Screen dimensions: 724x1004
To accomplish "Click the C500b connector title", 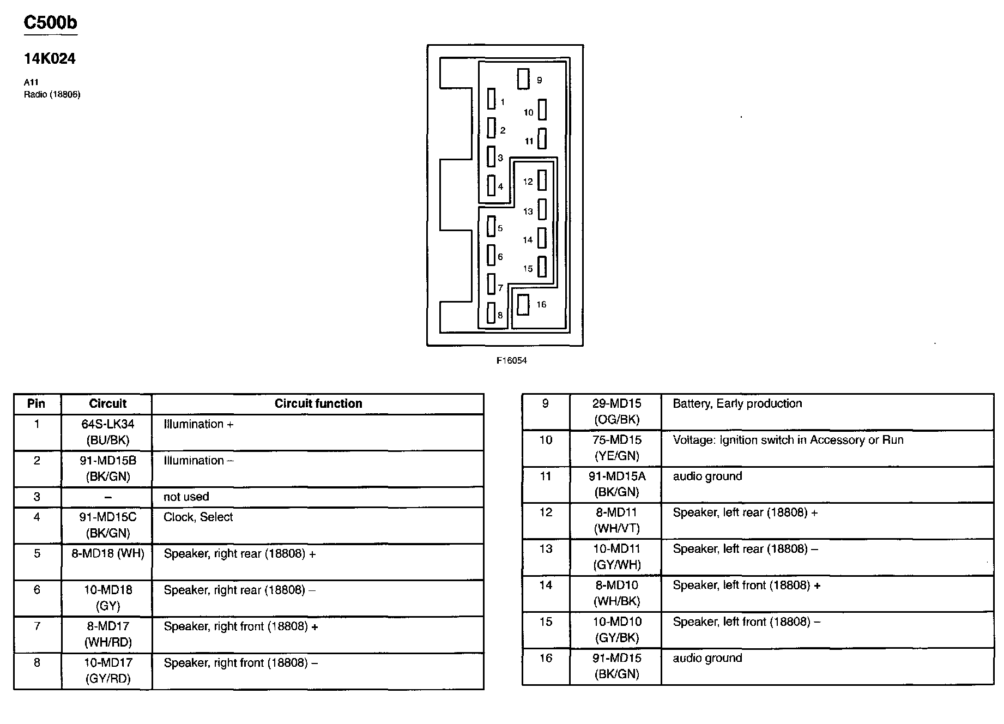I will [x=50, y=23].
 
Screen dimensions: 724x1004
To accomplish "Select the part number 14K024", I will [x=50, y=59].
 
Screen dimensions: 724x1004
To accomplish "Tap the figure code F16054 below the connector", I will [x=511, y=361].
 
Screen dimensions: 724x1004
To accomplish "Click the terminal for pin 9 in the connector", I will [x=523, y=79].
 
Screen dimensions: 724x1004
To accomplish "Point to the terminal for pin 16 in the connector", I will [x=523, y=305].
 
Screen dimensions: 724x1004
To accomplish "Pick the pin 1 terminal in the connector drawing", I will [x=492, y=99].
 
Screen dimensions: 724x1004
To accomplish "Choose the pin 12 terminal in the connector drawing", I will [x=542, y=180].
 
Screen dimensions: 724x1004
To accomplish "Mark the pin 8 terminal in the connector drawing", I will [x=491, y=313].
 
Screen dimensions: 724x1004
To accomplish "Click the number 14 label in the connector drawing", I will [x=528, y=240].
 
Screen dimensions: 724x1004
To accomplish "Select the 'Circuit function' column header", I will [x=318, y=404].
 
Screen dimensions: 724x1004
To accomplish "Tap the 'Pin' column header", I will [x=37, y=404].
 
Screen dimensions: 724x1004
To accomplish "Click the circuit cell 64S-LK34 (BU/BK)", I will [x=107, y=432].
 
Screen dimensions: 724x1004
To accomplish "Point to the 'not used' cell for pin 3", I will [x=186, y=497].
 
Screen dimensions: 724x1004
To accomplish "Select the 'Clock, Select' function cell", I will [x=198, y=517].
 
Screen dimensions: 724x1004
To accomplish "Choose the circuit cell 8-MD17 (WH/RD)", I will [x=107, y=634].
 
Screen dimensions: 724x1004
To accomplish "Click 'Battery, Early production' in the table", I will [x=737, y=404].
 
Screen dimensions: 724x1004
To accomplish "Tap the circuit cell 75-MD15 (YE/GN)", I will [x=616, y=448].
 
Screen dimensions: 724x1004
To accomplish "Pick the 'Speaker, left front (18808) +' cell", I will [x=746, y=586].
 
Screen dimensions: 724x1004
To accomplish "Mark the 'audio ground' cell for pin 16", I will [x=707, y=658].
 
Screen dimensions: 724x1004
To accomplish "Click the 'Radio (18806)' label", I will [x=52, y=95].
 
